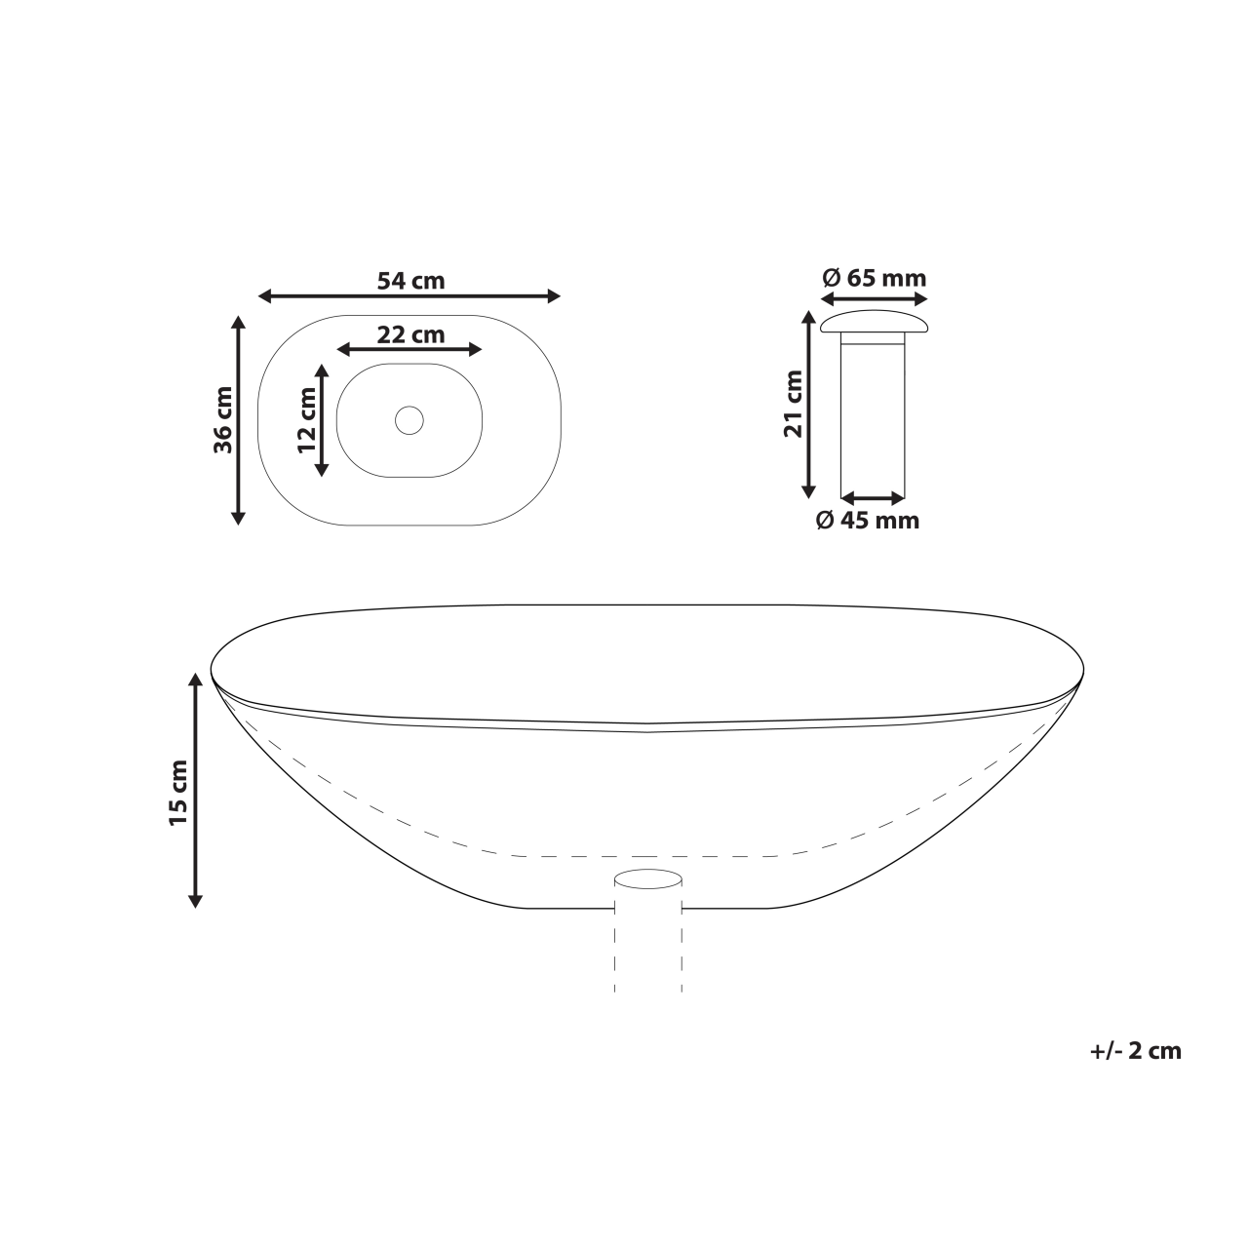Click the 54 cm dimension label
point(410,281)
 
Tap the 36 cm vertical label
point(223,420)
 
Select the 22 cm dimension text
point(410,334)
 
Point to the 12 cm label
point(308,420)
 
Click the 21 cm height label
point(794,404)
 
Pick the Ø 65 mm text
point(874,278)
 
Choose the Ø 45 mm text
point(868,521)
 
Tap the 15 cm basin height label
point(177,793)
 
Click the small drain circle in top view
point(409,420)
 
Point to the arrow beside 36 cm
point(237,420)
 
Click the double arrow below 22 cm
point(409,349)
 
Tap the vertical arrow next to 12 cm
point(321,420)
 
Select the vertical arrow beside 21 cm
point(807,404)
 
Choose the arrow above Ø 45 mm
point(875,497)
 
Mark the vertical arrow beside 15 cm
point(195,793)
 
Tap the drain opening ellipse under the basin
point(648,878)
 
